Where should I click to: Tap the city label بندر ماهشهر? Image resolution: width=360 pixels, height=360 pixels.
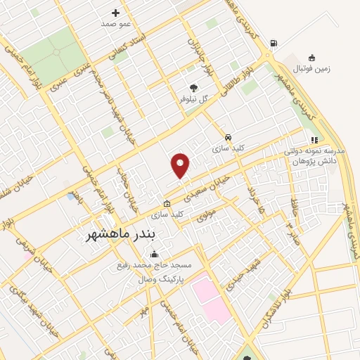pos(114,232)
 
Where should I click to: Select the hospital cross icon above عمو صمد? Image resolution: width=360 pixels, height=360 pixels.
pos(116,13)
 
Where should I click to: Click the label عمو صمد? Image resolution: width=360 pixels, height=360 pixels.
pos(116,23)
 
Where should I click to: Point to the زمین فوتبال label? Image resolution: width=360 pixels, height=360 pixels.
pos(311,68)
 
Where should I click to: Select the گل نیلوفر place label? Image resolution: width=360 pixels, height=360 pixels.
pos(195,99)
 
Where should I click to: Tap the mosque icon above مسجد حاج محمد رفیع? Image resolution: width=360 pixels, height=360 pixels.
pos(154,255)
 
